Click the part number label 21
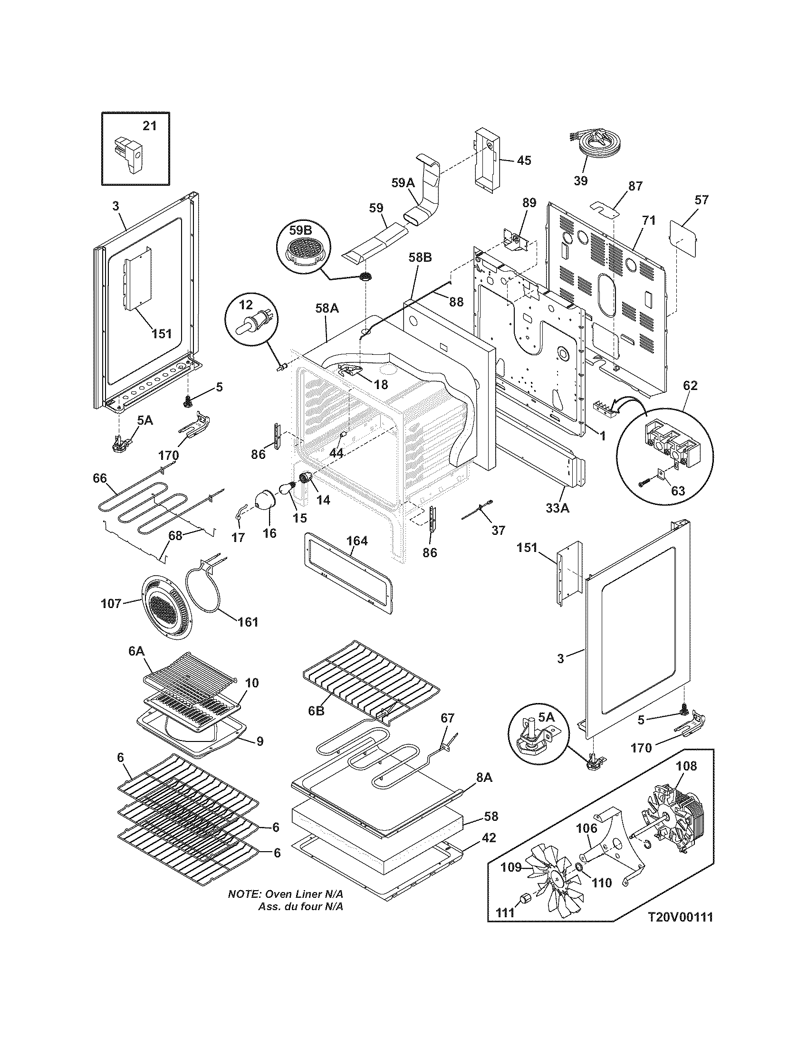tap(149, 126)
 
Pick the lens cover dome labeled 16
tap(265, 501)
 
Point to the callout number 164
tap(357, 541)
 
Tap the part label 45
tap(524, 160)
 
